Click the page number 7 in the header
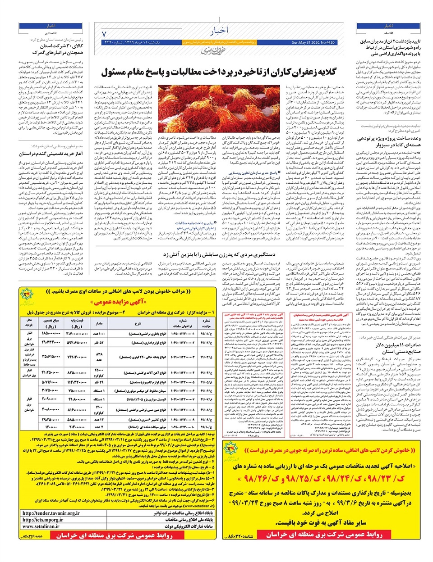point(104,34)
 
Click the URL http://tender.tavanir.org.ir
point(51,513)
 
